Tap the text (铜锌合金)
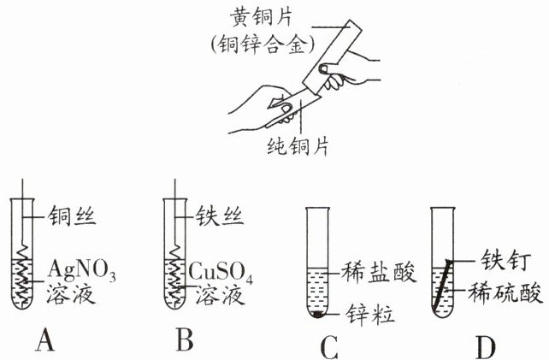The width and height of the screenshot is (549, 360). (x=263, y=44)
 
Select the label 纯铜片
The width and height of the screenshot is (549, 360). (x=298, y=145)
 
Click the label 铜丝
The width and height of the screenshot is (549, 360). (x=72, y=215)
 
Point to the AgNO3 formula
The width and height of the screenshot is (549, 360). (x=82, y=271)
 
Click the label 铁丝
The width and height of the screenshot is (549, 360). (x=219, y=215)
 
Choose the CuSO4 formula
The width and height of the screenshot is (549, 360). (x=221, y=271)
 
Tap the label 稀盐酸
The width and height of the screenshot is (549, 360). (x=379, y=272)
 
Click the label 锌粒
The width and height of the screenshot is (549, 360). (x=370, y=314)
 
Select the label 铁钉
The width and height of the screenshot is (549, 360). (x=506, y=260)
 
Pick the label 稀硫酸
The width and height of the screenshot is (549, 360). (x=505, y=292)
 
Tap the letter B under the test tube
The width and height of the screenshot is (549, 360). (x=185, y=339)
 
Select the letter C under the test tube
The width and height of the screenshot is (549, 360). (x=329, y=348)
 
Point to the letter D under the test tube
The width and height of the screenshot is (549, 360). (x=486, y=348)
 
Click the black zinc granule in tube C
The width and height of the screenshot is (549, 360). (x=317, y=314)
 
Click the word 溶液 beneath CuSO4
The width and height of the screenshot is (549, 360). (x=220, y=295)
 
